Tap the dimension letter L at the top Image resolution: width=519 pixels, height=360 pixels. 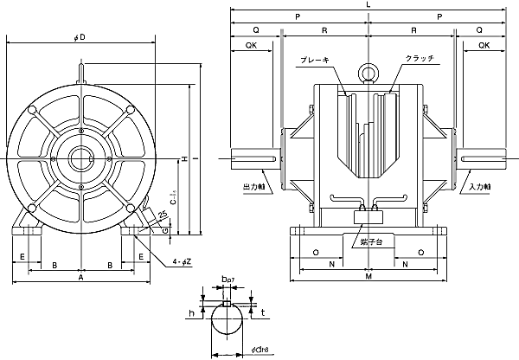[x=369, y=5]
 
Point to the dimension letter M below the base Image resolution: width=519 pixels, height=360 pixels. [x=369, y=277]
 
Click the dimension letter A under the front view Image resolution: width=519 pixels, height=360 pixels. [x=80, y=279]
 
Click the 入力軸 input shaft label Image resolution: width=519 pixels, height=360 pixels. [x=480, y=186]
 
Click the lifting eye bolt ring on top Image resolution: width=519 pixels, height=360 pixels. [x=369, y=73]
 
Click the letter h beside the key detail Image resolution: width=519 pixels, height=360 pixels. [x=193, y=313]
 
